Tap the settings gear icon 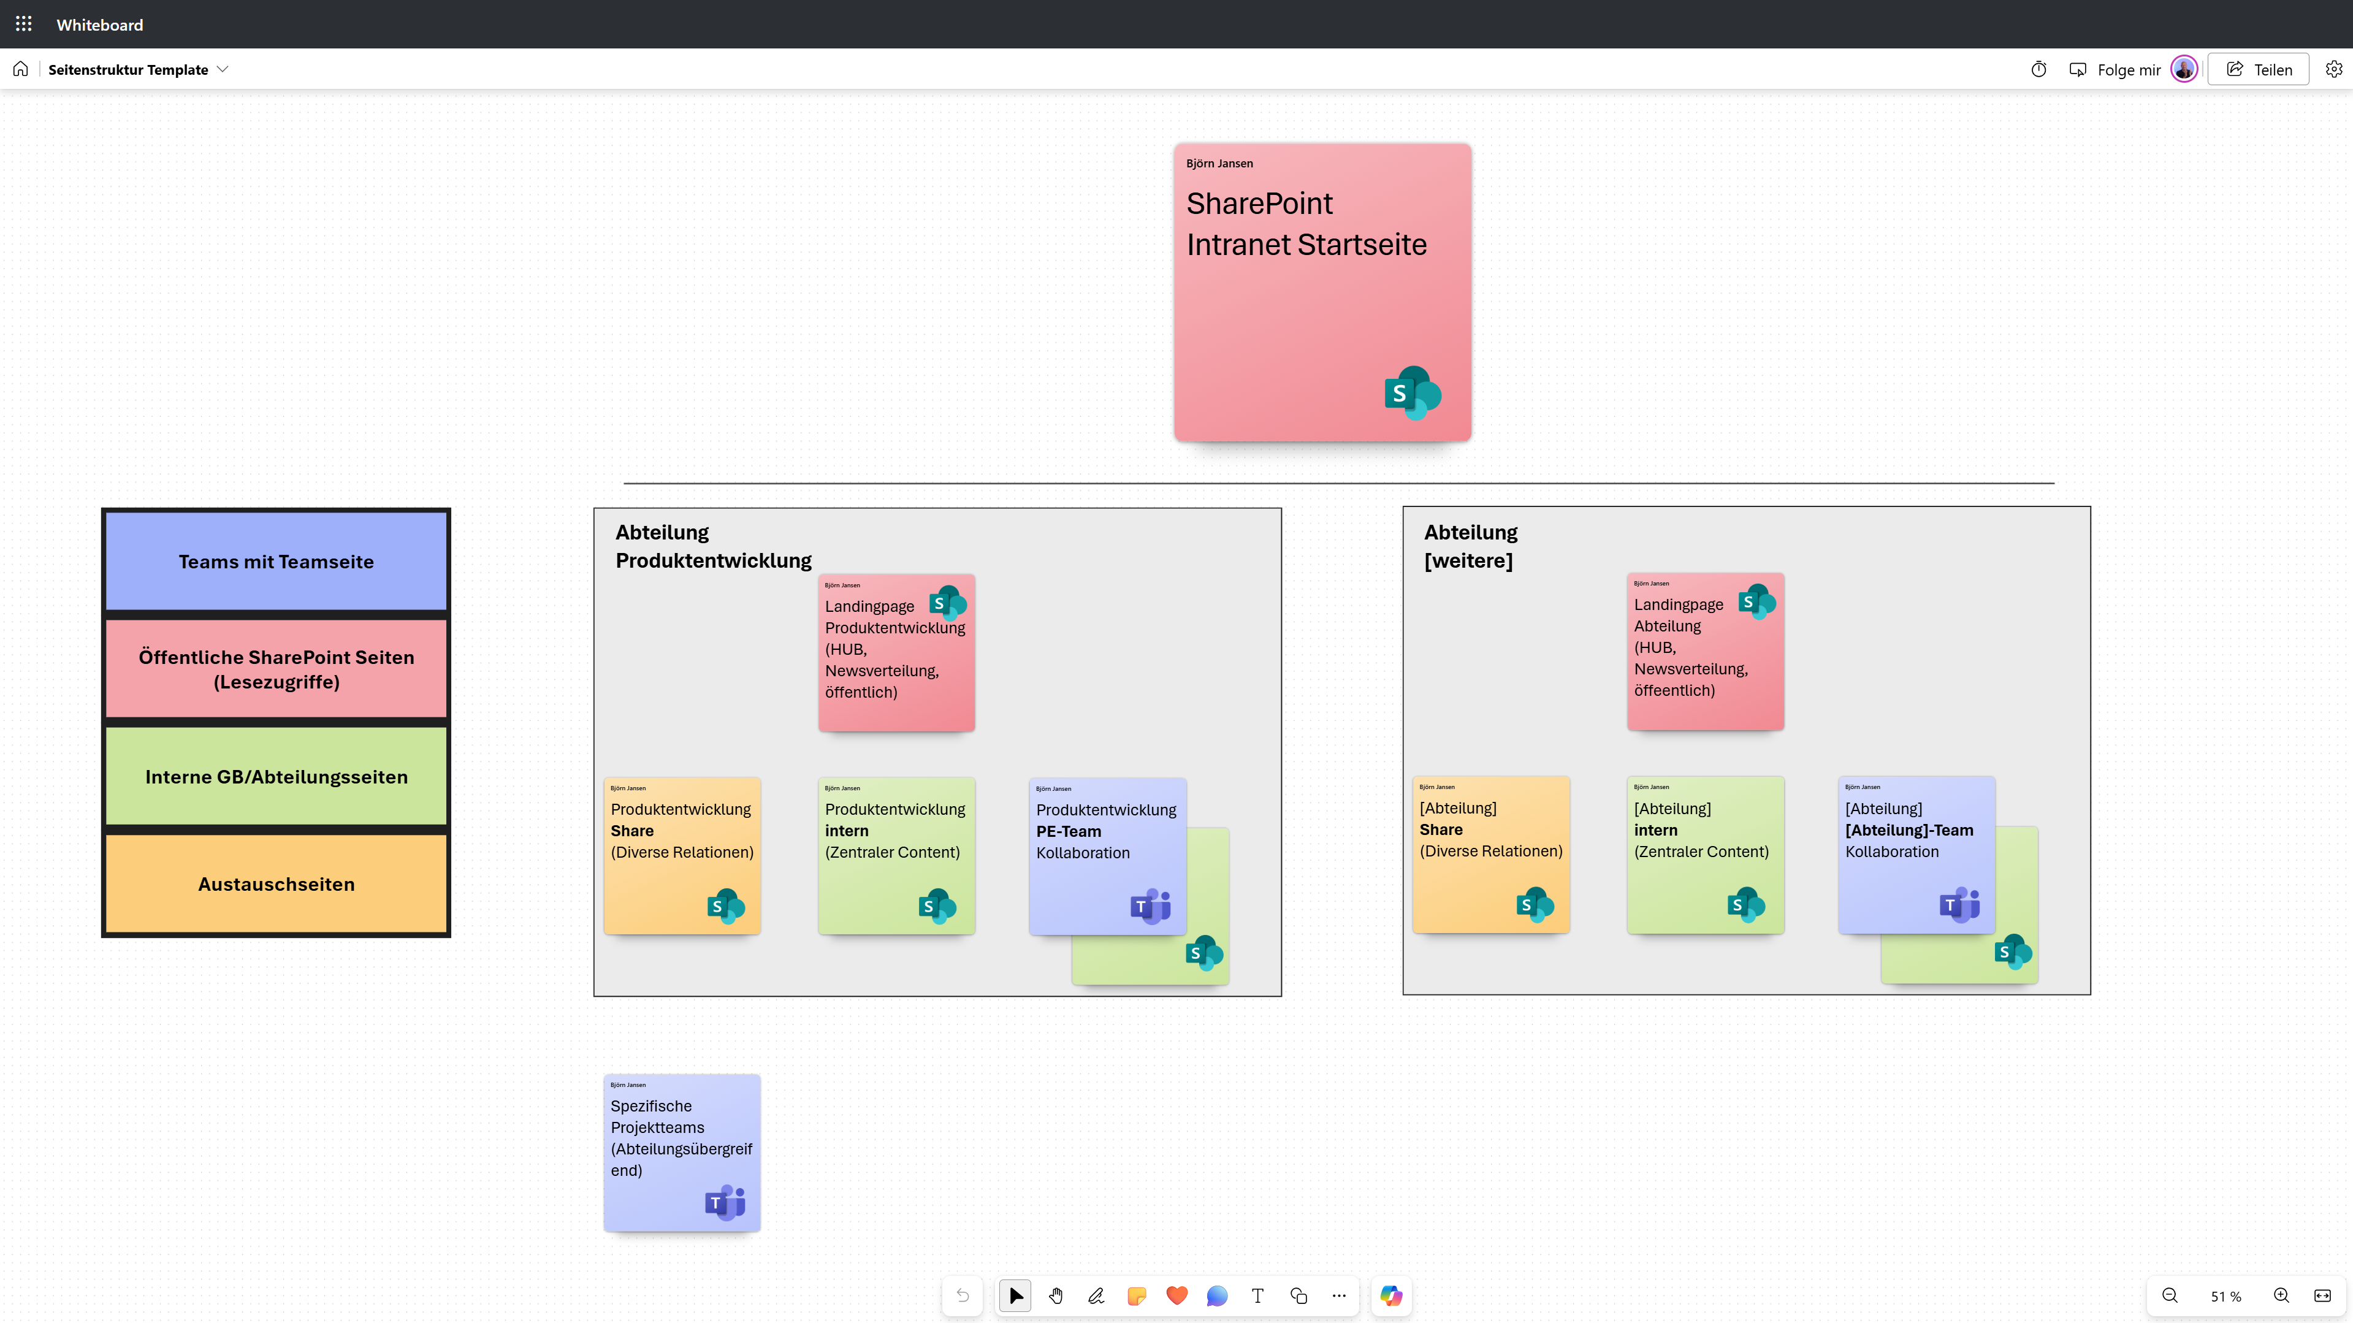point(2334,69)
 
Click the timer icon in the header point(2038,69)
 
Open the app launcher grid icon point(24,25)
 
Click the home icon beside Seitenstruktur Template point(21,69)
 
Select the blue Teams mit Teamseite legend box point(276,561)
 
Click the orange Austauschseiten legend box point(276,883)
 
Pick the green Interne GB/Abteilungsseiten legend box point(276,777)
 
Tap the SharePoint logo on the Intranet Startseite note point(1412,393)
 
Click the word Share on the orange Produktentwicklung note point(632,831)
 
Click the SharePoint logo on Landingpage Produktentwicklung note point(947,603)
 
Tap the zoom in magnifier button point(2281,1295)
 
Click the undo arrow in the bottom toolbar point(963,1295)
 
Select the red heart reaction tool point(1176,1295)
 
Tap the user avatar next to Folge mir point(2183,69)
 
